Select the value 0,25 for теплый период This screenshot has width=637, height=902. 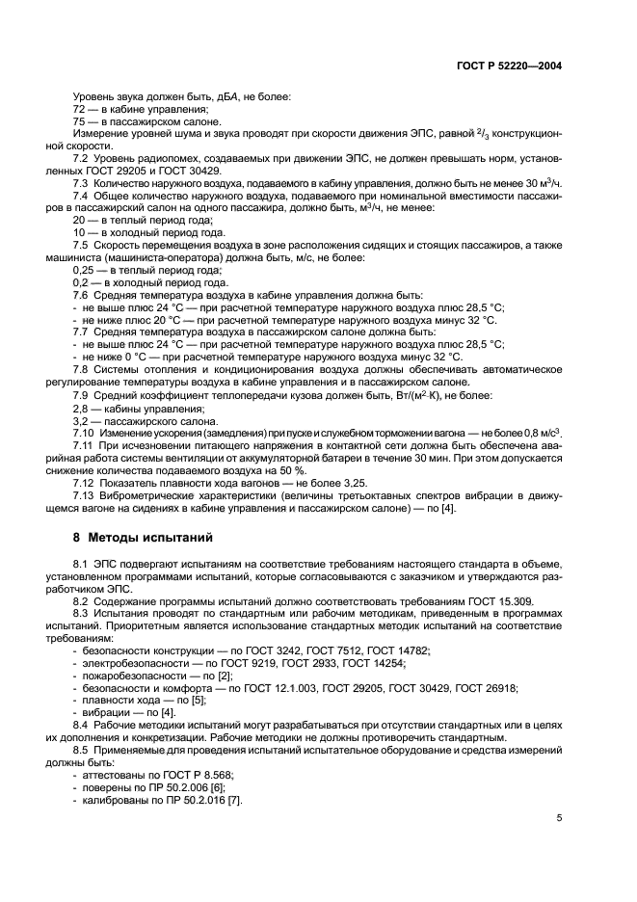[x=84, y=271]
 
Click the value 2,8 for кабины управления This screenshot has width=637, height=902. [x=81, y=409]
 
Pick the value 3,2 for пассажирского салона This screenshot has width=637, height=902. [x=81, y=420]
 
